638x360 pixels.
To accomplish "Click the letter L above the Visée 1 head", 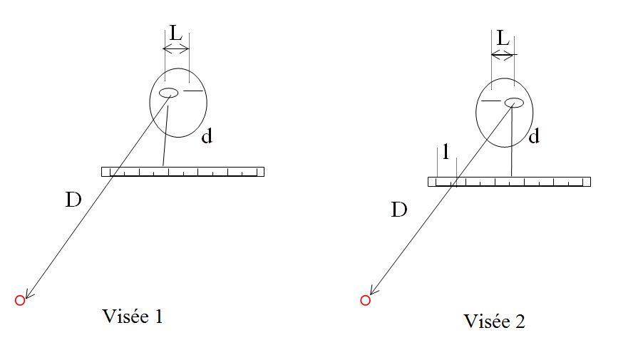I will (x=175, y=33).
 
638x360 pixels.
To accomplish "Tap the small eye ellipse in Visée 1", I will (x=169, y=93).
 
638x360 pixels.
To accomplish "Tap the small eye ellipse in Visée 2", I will (x=514, y=103).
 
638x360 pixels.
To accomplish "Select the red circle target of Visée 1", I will (x=20, y=300).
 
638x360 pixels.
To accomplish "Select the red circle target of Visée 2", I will (x=365, y=300).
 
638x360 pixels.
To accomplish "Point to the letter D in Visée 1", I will (x=73, y=200).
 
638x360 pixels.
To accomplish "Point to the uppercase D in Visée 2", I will (x=400, y=210).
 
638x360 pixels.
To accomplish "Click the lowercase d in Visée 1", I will (x=207, y=136).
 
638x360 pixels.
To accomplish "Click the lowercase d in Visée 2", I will (x=534, y=136).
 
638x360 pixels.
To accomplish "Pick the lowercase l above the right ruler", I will (x=446, y=152).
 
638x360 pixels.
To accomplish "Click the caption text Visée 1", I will (x=133, y=316).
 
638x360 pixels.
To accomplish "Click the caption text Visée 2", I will (x=494, y=321).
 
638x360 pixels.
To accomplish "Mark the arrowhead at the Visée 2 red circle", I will (x=371, y=293).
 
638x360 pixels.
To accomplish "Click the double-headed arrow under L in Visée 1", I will (x=176, y=48).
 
